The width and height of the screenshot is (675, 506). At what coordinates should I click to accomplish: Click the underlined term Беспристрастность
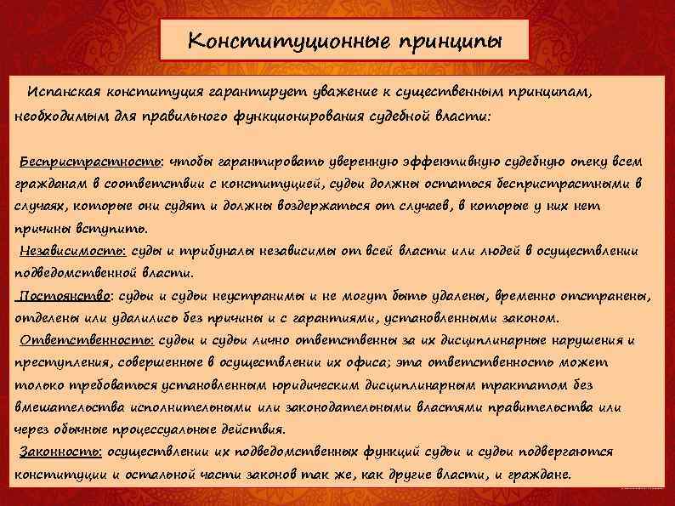click(67, 161)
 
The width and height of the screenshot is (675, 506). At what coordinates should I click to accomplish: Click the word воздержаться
click(288, 206)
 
